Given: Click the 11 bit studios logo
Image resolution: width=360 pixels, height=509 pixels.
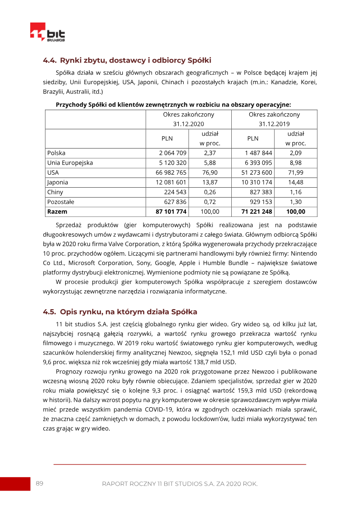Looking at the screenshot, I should pos(47,32).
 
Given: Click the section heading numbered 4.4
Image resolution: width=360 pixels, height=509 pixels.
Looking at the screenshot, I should pos(127,60).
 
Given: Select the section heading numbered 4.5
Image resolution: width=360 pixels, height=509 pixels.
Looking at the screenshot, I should pos(120,312).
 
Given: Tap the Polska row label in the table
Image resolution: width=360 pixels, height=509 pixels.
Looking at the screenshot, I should pos(56,153).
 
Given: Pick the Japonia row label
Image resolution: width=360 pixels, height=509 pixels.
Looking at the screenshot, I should pos(58,182).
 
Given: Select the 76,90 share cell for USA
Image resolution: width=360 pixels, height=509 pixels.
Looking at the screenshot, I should pos(210,172).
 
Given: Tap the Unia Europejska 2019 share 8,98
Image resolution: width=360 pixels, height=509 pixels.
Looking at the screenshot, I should pos(296,163).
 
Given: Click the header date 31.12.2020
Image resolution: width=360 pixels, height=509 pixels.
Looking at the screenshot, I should pos(189,124).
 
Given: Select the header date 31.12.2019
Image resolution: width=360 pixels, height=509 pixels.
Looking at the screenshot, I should pos(274,124).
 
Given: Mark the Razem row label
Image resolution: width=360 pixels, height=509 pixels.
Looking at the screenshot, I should pos(57,212).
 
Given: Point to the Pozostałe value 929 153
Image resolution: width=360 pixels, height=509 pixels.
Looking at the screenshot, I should pos(261,202).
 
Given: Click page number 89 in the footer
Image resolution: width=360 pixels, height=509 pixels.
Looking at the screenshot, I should pos(40,483).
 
